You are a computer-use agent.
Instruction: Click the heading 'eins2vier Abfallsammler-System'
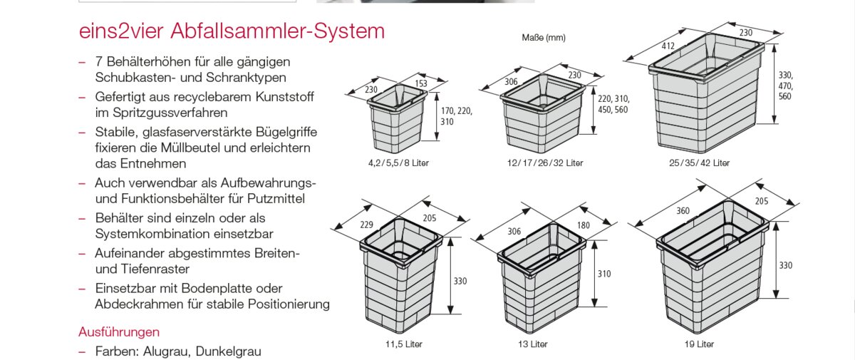(x=232, y=32)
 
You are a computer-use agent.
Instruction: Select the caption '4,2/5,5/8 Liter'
(x=399, y=163)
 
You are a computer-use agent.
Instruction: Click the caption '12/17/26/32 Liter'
(x=545, y=163)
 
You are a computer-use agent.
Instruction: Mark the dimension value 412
(x=668, y=46)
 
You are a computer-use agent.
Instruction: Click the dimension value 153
(x=421, y=84)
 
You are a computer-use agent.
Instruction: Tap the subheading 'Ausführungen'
(x=118, y=332)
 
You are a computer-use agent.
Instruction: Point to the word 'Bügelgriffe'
(x=281, y=132)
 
